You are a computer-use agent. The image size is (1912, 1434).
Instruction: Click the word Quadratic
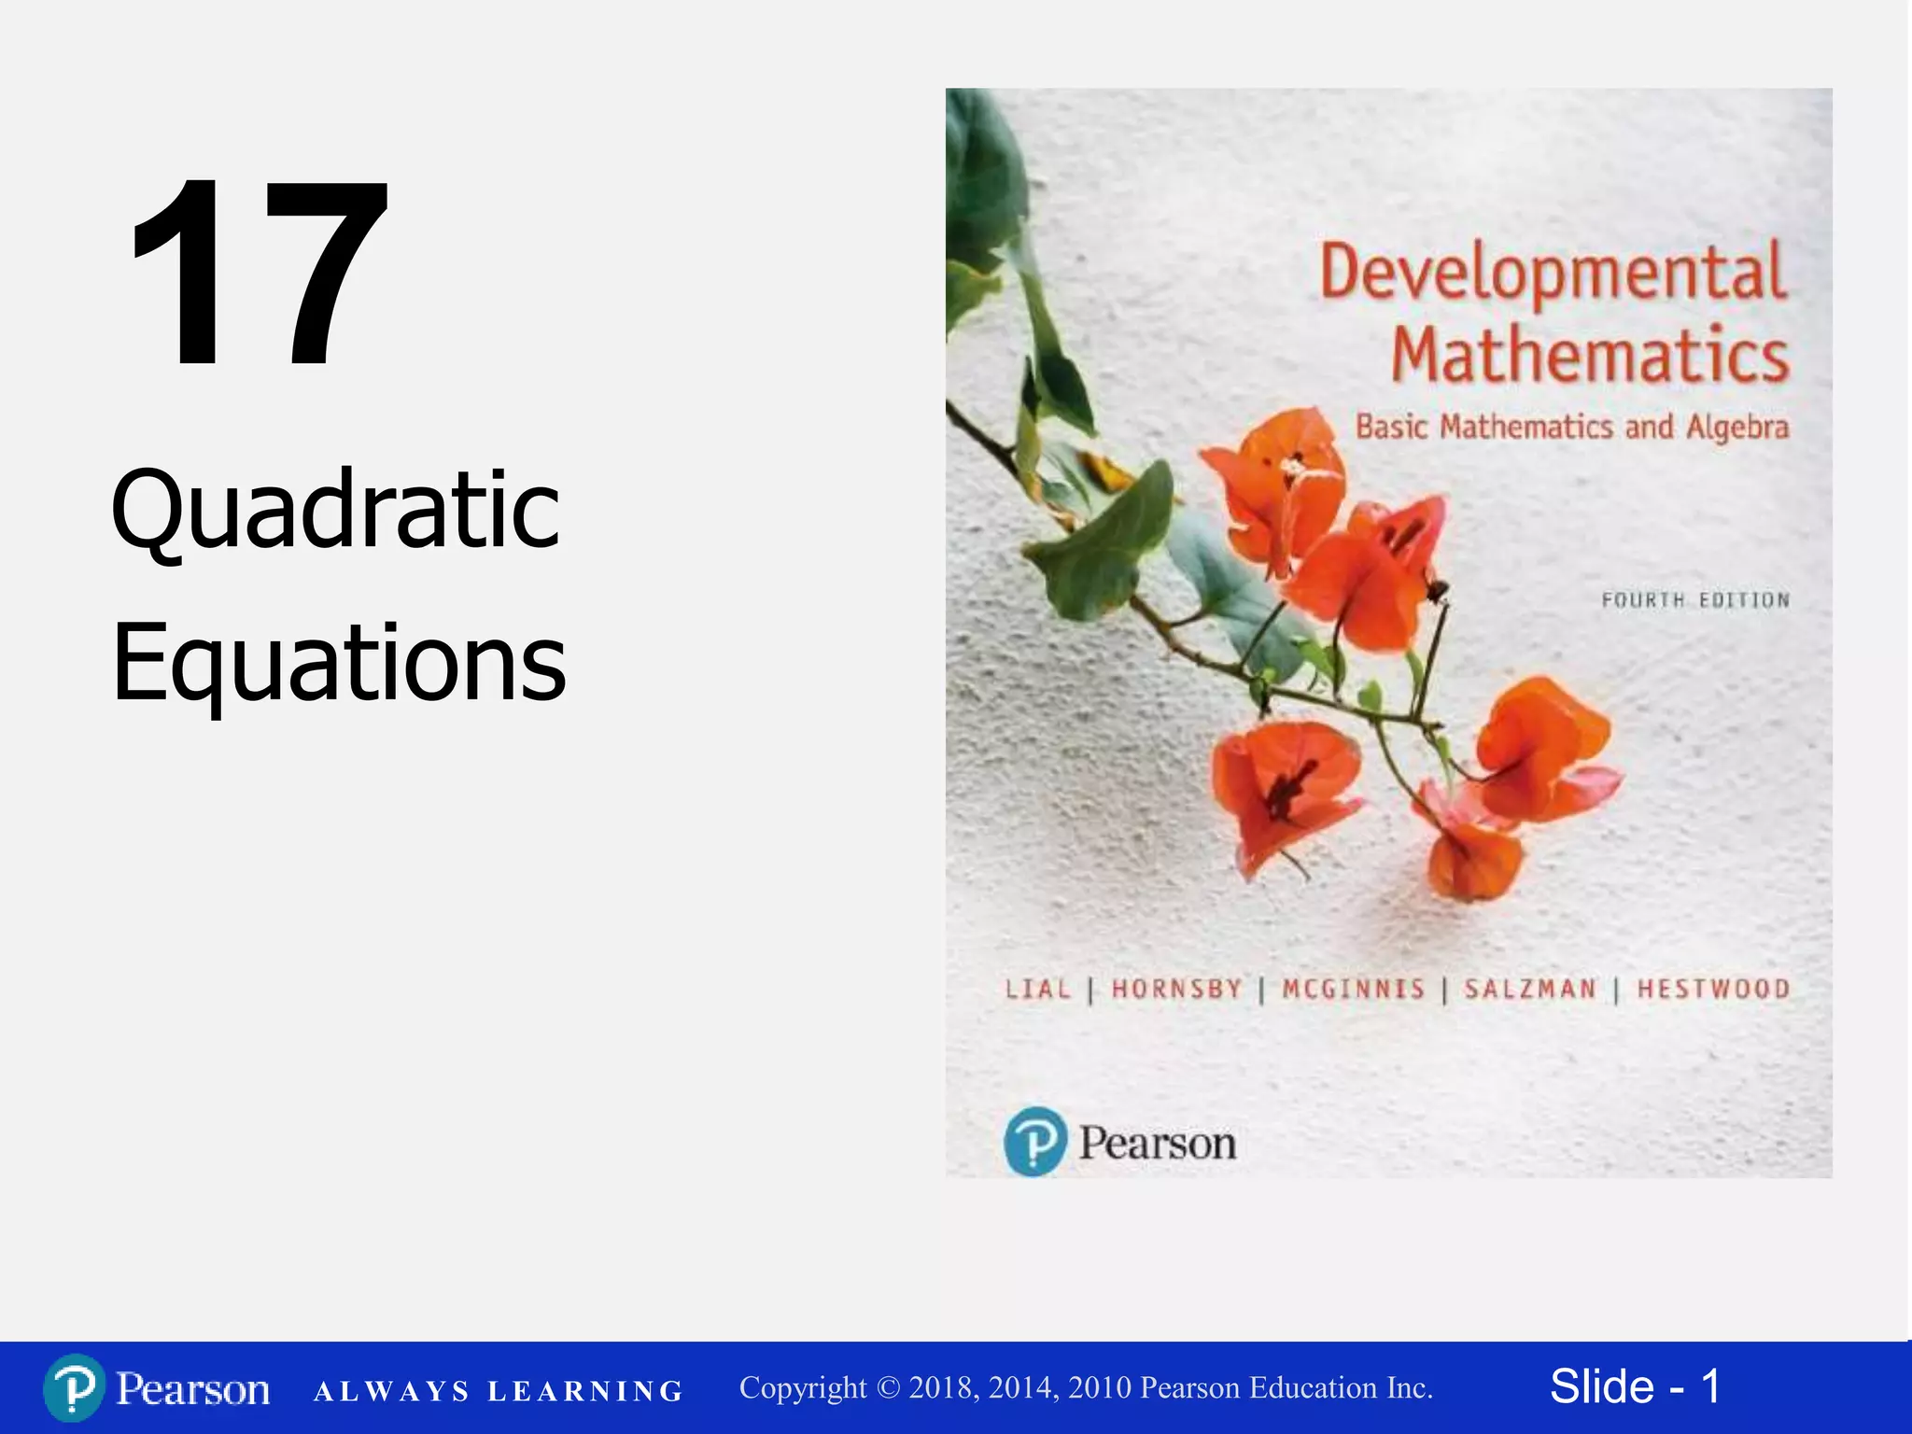pos(336,510)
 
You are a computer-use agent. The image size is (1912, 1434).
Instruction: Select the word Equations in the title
pos(339,663)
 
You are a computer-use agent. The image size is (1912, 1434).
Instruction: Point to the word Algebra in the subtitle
pos(1737,428)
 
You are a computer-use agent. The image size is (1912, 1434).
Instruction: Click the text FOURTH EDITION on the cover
pos(1695,600)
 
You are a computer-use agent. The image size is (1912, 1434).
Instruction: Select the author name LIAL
pos(1037,989)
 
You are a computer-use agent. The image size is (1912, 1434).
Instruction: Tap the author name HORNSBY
pos(1176,989)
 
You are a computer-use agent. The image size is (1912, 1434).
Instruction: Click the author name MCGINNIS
pos(1353,989)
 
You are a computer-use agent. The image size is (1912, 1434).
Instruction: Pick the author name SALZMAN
pos(1530,989)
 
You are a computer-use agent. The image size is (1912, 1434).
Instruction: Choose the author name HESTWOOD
pos(1713,989)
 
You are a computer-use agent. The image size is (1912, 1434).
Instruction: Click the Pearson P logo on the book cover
pos(1034,1141)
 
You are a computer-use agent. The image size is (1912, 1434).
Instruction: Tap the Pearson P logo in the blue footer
pos(74,1388)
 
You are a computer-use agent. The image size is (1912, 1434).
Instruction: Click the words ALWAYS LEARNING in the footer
pos(499,1391)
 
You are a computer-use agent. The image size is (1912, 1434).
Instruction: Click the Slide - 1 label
pos(1635,1386)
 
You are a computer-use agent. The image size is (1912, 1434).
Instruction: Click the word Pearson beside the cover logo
pos(1157,1143)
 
